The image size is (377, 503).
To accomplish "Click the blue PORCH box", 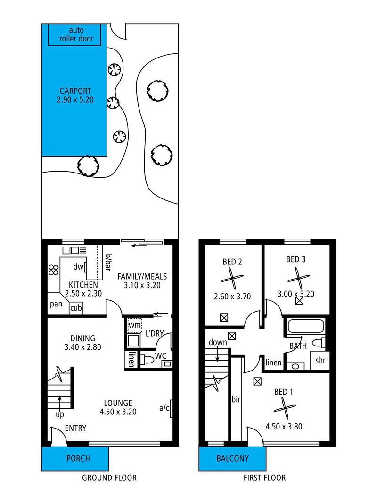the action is pos(75,458).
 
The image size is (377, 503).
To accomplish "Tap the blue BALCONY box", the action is pos(232,458).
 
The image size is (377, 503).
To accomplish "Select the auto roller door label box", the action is pos(75,34).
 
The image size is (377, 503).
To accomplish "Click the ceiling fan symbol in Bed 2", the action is pos(232,279).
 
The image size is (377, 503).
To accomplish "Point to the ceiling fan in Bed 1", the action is pos(285,408).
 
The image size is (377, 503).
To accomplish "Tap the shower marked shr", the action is pos(320,361).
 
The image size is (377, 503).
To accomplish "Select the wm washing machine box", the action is pos(135,325).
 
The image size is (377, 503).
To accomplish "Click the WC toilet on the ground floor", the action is pos(148,359).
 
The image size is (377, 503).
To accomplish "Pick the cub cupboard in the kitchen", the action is pos(76,308).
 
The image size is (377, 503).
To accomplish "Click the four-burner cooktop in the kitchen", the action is pos(54,270).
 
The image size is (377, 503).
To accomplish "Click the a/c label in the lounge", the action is pos(164,408).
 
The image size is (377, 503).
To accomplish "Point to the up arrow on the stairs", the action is pos(60,402).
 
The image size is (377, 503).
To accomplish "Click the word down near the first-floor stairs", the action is pos(218,342).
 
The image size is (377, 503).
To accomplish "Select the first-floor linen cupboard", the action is pos(273,363).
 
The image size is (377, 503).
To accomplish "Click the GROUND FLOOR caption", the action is pos(109,478).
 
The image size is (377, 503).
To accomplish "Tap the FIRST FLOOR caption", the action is pos(264,478).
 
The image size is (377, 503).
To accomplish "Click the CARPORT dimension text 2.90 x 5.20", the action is pos(75,100).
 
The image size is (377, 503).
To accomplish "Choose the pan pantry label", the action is pos(56,304).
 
